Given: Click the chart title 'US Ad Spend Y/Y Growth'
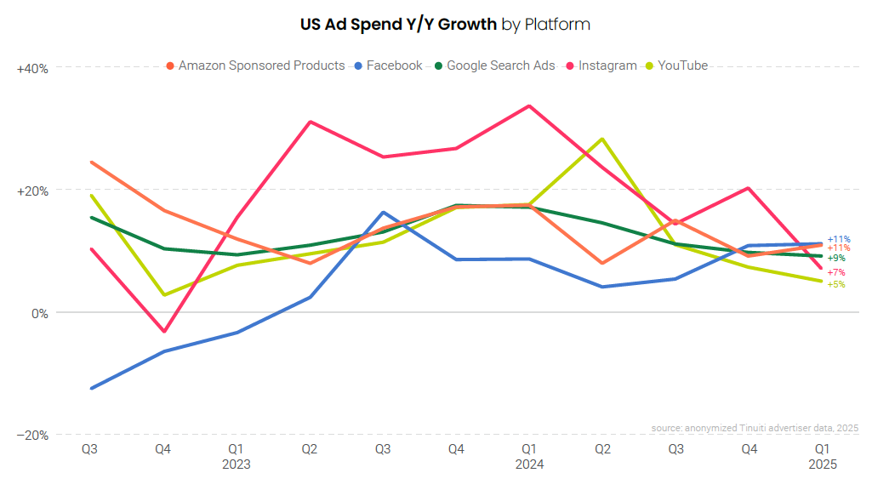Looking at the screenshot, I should tap(398, 24).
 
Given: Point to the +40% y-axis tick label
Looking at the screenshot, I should tap(32, 68).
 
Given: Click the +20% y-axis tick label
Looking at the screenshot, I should tap(32, 191).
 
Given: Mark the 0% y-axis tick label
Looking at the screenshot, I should tap(39, 313).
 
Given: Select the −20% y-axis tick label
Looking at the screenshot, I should tap(32, 436).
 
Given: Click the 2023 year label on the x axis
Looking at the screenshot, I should tap(236, 464).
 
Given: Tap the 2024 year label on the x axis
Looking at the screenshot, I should tap(528, 464).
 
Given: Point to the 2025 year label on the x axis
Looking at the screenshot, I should tap(822, 464).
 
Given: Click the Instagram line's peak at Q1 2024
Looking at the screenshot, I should tap(528, 106).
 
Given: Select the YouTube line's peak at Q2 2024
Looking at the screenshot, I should tap(602, 139).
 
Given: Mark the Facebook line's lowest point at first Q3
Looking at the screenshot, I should tap(90, 388).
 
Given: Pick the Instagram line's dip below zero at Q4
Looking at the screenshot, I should tap(163, 331).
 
